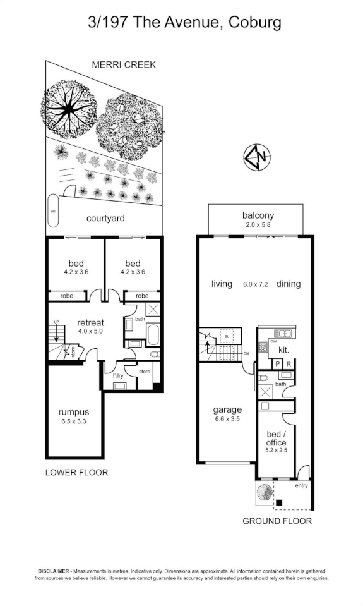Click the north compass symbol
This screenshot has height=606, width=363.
pos(257,157)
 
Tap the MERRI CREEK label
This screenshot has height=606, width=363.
pos(124,65)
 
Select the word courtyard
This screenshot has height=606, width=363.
pos(105,219)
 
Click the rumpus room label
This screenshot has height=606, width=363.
pos(73,413)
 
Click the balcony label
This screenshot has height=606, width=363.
pos(258,215)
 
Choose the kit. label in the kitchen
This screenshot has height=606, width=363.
pos(283,349)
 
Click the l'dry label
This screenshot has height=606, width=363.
pos(118,377)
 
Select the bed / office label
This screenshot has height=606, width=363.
pos(276,438)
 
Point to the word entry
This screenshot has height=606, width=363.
pos(301,485)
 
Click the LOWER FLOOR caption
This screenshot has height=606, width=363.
pos(76,472)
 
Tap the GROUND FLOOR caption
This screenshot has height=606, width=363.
pos(277,521)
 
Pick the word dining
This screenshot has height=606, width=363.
pos(288,284)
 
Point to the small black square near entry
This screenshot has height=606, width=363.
pos(278,503)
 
